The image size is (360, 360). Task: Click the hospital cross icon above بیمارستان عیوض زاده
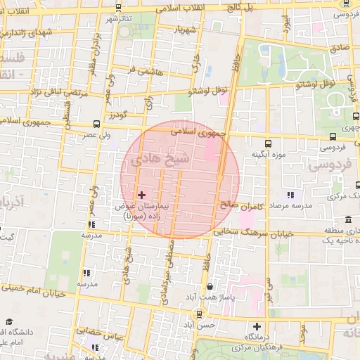(x=141, y=195)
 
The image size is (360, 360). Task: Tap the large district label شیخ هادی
(x=167, y=159)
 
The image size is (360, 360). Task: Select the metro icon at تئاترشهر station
(x=117, y=8)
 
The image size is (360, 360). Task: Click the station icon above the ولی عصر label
(x=96, y=124)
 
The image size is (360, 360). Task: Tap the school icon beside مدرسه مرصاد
(x=290, y=195)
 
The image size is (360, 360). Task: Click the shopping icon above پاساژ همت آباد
(x=210, y=287)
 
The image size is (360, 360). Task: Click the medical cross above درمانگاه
(x=257, y=326)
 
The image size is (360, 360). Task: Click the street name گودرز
(x=117, y=115)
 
